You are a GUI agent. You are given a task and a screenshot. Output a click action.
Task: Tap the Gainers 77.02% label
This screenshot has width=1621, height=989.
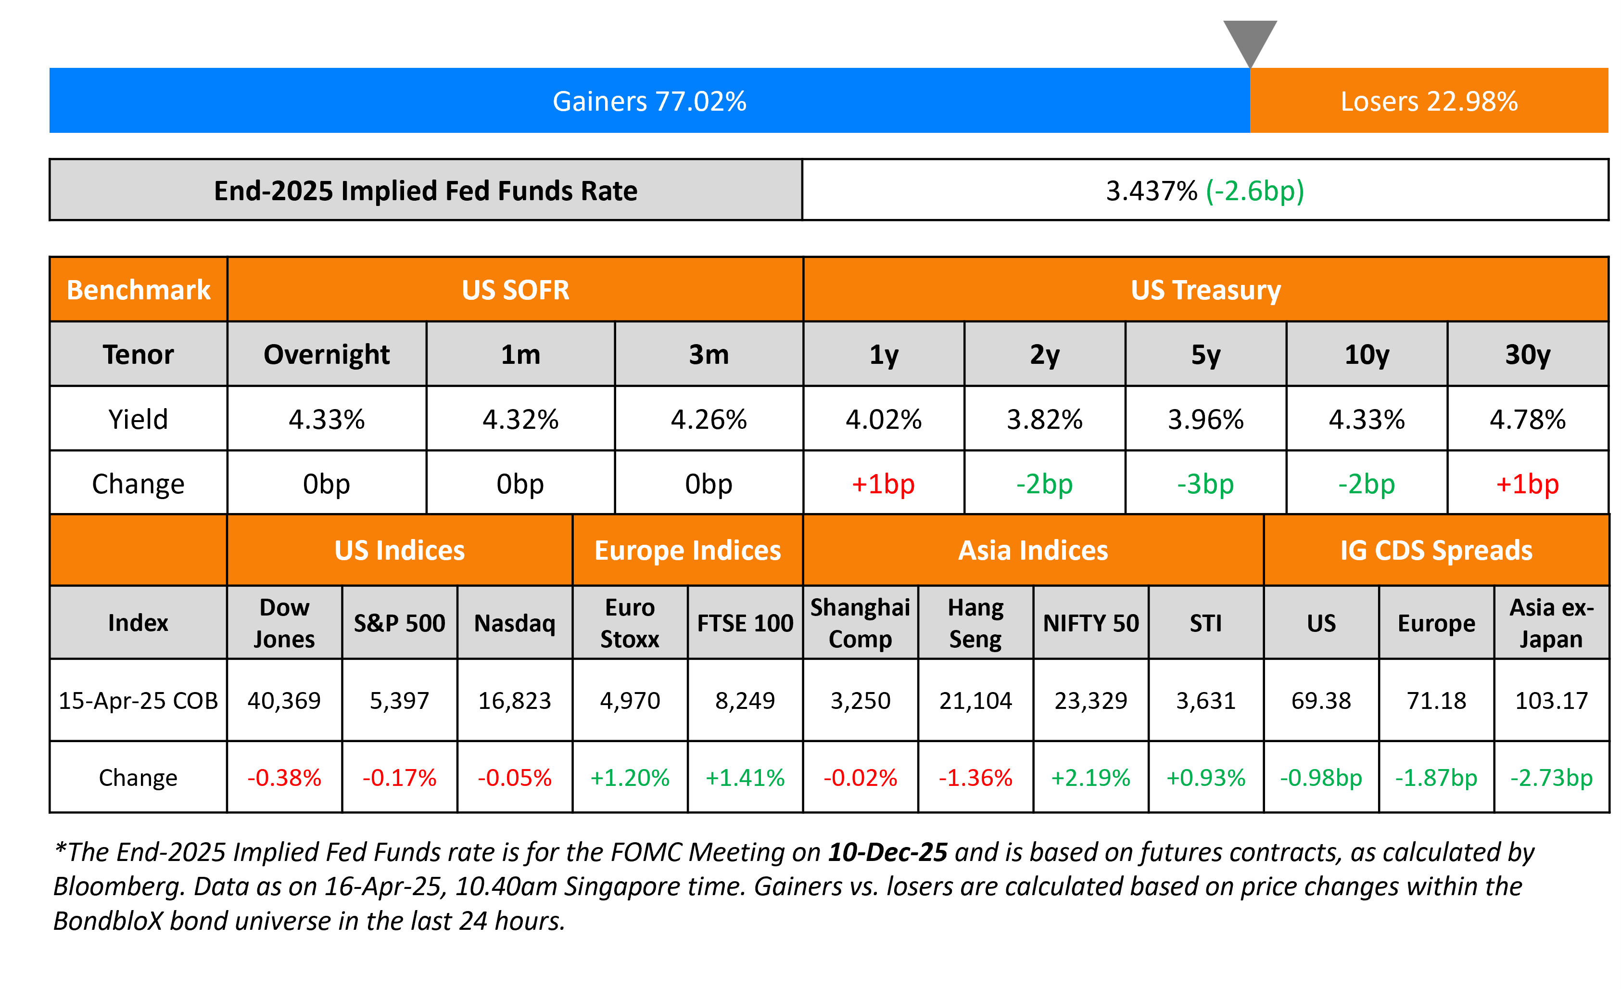tap(649, 102)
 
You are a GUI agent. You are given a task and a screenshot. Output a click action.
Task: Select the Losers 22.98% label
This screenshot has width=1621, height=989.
tap(1429, 102)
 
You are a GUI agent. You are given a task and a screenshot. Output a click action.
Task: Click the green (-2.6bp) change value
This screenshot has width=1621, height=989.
tap(1254, 191)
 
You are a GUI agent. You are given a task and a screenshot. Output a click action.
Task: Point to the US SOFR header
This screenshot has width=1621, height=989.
tap(515, 290)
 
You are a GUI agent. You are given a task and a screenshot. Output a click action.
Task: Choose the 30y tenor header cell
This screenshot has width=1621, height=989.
tap(1528, 355)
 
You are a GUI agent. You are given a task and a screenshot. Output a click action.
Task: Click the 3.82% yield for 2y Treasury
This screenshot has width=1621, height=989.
tap(1044, 419)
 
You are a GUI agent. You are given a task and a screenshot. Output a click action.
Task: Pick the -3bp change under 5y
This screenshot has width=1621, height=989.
tap(1205, 484)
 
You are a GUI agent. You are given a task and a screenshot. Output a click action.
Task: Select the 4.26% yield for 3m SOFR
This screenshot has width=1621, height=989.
tap(709, 419)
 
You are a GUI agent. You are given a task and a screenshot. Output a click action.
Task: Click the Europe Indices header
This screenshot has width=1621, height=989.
tap(687, 550)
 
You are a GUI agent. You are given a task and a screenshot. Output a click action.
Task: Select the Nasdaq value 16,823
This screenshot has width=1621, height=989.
tap(515, 700)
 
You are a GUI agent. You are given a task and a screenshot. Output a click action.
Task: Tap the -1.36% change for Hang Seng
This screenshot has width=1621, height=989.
tap(975, 778)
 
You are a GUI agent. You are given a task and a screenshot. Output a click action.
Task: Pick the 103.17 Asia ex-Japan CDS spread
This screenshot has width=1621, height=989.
tap(1551, 700)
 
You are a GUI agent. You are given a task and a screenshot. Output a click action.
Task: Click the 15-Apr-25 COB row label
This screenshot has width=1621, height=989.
tap(138, 700)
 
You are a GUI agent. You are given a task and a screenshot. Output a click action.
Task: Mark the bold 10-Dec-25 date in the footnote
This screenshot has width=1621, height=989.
tap(887, 852)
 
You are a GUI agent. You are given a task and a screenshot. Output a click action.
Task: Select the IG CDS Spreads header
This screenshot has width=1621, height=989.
tap(1436, 550)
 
